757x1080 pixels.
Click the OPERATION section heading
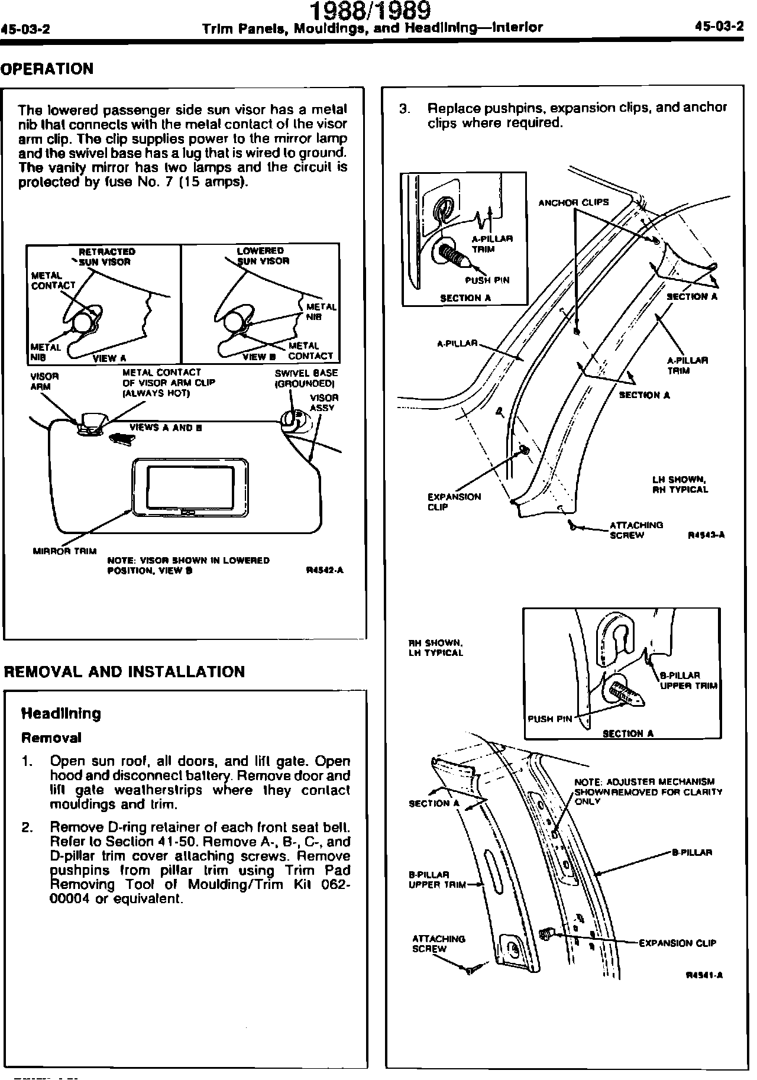47,69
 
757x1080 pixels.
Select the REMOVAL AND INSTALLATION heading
124,672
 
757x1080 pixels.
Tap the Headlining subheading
61,713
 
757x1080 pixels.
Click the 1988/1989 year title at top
371,11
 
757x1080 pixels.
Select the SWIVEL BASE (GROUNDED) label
306,378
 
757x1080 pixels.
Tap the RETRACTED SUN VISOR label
106,256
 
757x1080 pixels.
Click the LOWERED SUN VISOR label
262,256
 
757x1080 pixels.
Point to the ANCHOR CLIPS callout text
573,202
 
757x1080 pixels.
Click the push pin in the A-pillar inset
454,255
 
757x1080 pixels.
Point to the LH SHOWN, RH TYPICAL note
680,484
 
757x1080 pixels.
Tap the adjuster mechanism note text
648,791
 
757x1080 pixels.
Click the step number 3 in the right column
405,109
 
